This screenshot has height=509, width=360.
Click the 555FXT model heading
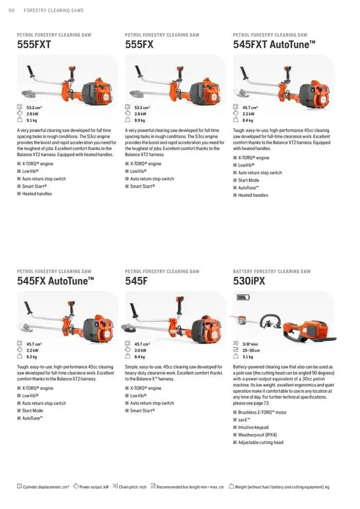34,45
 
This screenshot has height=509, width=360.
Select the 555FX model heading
139,45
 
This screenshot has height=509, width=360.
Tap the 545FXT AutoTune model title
274,45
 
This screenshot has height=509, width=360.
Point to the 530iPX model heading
249,281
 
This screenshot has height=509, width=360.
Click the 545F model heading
136,281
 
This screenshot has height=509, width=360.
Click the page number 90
11,10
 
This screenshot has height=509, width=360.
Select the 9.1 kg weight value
32,120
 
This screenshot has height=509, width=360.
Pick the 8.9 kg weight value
140,120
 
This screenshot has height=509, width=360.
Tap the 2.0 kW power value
140,350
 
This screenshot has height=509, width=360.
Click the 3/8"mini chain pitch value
250,343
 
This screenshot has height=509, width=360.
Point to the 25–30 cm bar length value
251,350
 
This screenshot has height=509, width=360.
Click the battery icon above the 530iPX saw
243,297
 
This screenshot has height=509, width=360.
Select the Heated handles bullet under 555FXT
37,194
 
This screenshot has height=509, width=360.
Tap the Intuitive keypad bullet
254,427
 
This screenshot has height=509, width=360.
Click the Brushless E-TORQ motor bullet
262,412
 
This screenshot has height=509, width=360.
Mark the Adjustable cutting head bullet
261,442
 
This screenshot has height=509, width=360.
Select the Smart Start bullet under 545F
142,411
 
